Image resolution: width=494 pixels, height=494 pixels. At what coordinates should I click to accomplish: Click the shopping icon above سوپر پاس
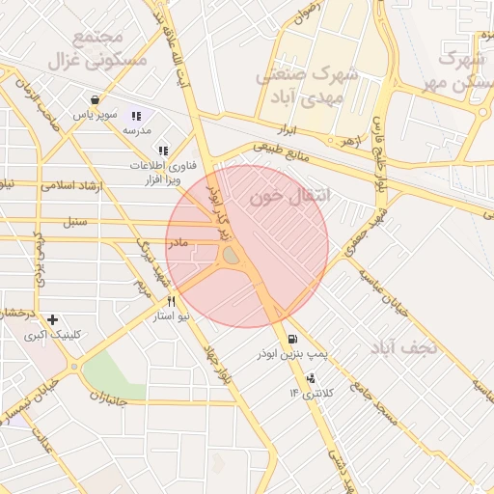(x=95, y=99)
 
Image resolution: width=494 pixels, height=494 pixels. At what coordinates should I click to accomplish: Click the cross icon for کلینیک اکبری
(x=52, y=319)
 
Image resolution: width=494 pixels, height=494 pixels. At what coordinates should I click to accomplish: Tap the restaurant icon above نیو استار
(x=171, y=301)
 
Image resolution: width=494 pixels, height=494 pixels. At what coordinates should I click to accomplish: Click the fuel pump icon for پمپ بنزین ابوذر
(x=291, y=340)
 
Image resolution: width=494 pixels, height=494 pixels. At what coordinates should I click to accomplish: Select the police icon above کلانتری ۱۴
(x=310, y=378)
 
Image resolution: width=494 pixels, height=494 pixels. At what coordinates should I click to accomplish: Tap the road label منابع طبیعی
(x=283, y=154)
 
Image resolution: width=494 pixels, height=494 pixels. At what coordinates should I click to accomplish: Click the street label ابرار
(x=305, y=129)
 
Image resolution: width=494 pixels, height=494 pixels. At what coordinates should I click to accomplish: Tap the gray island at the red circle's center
(x=233, y=256)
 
